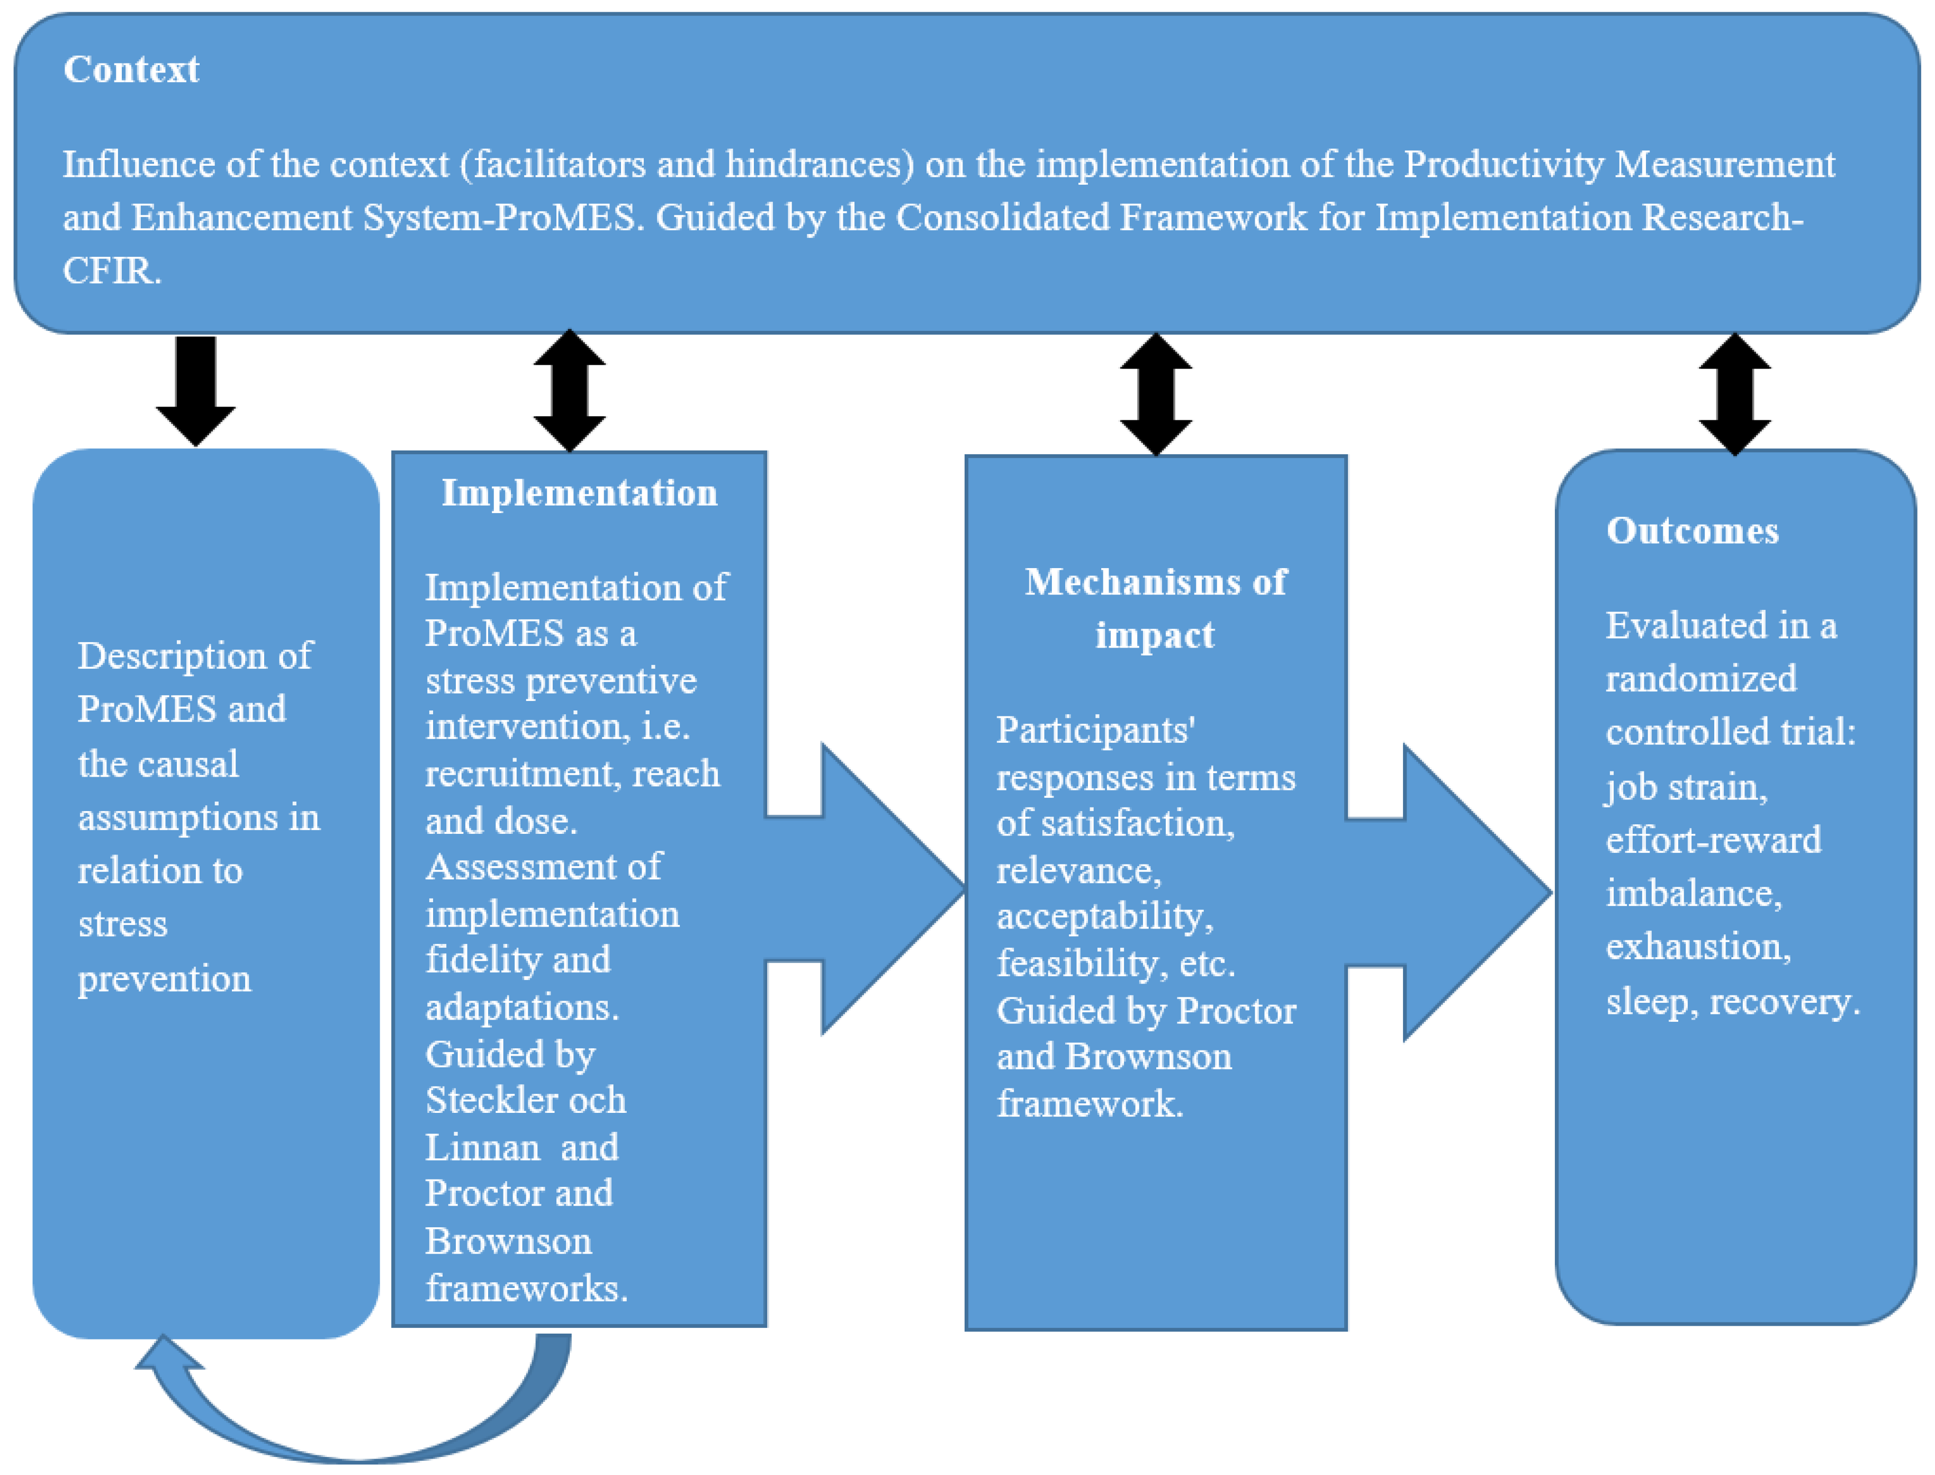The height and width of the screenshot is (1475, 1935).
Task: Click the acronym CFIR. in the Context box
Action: [x=112, y=271]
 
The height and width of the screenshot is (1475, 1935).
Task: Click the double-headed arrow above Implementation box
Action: [x=570, y=391]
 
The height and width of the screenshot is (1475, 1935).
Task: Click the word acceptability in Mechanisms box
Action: [x=1104, y=916]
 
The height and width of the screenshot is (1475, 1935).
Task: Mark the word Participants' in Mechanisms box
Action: [x=1095, y=730]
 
